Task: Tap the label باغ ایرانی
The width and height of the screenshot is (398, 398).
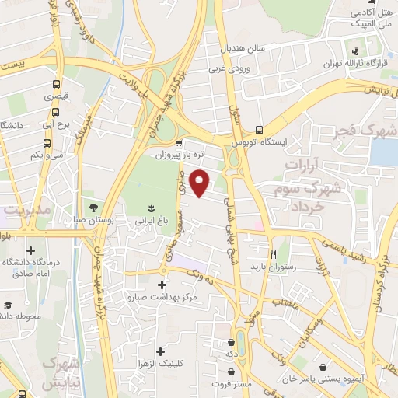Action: [x=152, y=221]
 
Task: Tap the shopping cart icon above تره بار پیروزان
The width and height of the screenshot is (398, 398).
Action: [x=180, y=142]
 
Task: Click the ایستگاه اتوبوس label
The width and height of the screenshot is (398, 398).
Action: [x=260, y=143]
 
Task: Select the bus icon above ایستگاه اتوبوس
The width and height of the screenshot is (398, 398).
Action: [x=260, y=130]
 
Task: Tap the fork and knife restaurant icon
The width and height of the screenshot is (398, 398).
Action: [x=273, y=254]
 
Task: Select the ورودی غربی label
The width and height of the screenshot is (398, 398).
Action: [x=227, y=67]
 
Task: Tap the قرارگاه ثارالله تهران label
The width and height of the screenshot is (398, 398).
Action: [x=358, y=62]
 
